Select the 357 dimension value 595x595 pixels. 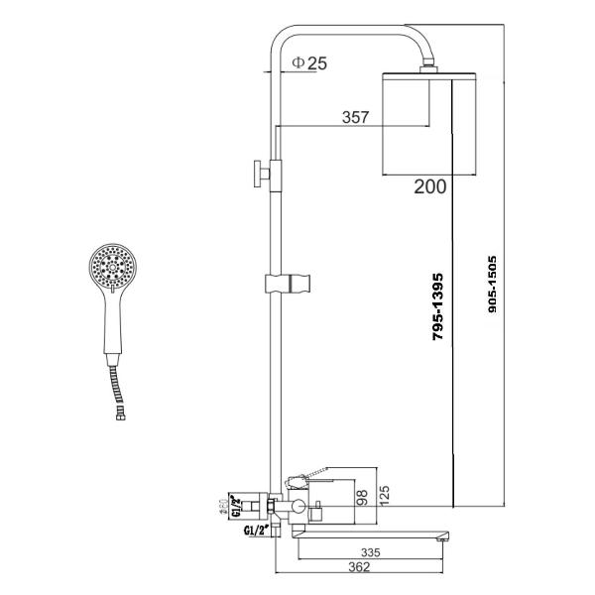pyautogui.click(x=354, y=118)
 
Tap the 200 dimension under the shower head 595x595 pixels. pyautogui.click(x=429, y=185)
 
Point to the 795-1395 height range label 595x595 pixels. pyautogui.click(x=438, y=309)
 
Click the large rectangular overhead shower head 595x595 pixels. pyautogui.click(x=429, y=125)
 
